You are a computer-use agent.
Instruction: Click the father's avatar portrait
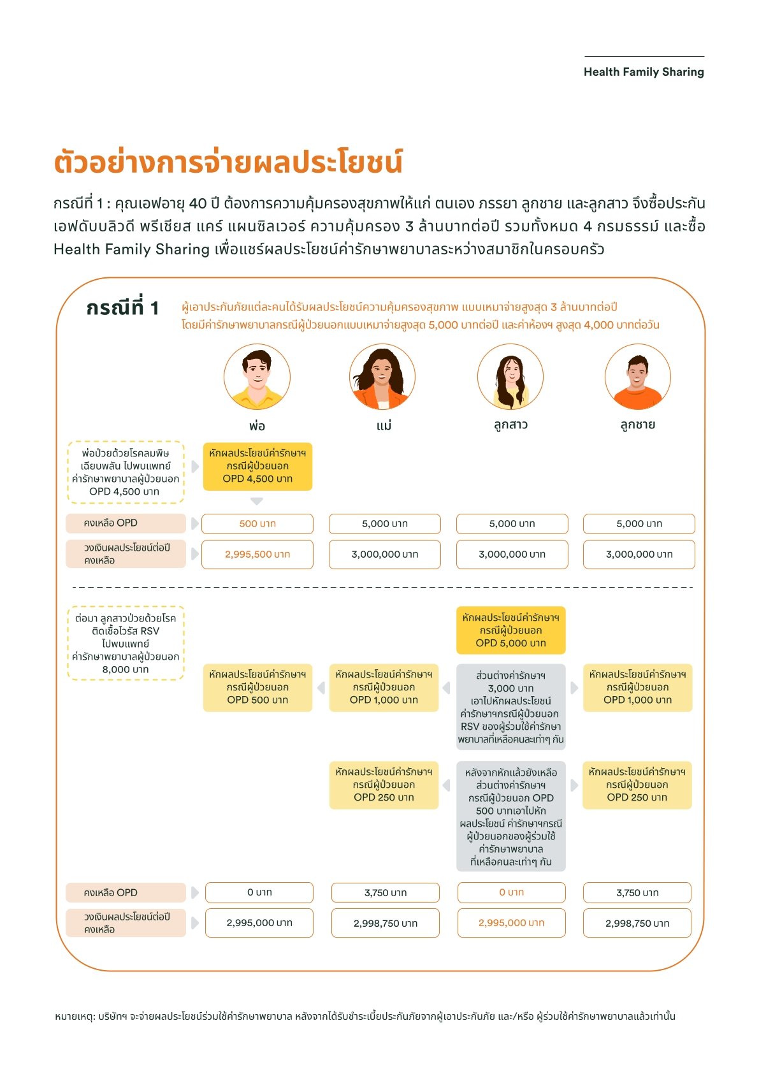[x=257, y=377]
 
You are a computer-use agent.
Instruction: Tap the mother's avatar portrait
[x=382, y=377]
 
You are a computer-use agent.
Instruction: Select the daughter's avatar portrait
[x=510, y=377]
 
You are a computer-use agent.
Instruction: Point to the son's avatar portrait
[x=637, y=377]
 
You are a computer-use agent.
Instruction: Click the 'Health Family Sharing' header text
[x=644, y=72]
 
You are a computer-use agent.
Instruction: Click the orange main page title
[x=228, y=162]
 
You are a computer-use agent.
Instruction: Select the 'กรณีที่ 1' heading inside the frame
[x=122, y=308]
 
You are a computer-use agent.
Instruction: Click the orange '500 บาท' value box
[x=257, y=524]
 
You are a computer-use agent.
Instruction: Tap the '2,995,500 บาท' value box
[x=257, y=555]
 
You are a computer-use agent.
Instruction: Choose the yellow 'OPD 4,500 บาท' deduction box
[x=257, y=467]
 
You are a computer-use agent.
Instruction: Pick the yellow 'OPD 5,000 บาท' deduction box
[x=510, y=630]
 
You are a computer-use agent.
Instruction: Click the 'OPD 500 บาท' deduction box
[x=257, y=688]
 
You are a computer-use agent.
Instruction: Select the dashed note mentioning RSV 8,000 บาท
[x=126, y=644]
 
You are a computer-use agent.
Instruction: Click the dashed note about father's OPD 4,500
[x=126, y=472]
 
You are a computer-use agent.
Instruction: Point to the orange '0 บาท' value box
[x=511, y=892]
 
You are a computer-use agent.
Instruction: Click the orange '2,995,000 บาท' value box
[x=511, y=923]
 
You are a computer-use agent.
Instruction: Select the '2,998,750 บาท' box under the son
[x=637, y=923]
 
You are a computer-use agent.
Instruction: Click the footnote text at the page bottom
[x=365, y=1016]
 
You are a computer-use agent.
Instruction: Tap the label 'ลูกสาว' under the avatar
[x=510, y=425]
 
